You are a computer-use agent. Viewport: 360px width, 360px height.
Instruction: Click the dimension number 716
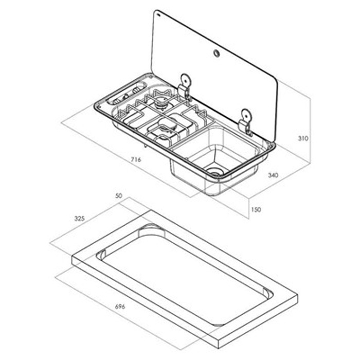click(136, 160)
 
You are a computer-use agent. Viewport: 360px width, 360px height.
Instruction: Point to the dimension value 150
click(257, 209)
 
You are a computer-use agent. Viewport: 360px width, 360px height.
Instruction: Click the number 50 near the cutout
click(119, 196)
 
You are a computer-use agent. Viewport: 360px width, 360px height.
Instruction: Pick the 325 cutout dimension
click(79, 218)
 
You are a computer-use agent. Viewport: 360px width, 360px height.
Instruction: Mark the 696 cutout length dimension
click(120, 307)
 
